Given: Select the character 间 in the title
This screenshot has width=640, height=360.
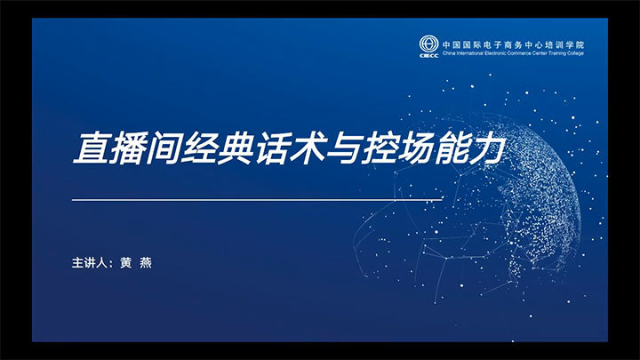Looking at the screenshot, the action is coord(164,148).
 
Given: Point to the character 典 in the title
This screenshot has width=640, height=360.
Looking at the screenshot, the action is coord(236,148).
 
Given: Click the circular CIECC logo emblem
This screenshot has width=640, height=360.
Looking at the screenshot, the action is coord(428,44).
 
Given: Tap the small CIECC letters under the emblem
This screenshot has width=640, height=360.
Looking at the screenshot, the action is coord(429,55).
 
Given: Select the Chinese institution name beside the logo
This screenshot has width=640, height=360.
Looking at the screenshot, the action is coord(514,45).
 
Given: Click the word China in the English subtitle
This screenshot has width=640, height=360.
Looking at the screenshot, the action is coord(449,53).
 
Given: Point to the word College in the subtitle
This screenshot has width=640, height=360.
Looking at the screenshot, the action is coord(575,53).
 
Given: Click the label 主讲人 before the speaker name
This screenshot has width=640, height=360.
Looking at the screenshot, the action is coord(90,263).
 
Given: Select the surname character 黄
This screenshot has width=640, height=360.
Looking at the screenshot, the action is coord(126,263).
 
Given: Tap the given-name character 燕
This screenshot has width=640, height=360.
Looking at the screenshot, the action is coord(146,263).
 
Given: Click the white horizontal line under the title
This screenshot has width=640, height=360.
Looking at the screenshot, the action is coord(257,200).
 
